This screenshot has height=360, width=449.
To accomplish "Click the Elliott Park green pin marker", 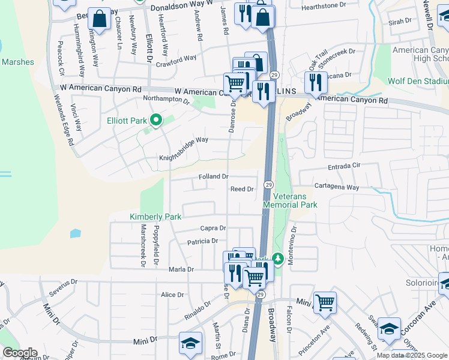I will (x=156, y=121).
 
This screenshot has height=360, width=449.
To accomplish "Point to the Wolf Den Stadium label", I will (x=418, y=80).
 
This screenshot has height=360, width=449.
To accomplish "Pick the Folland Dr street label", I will (x=214, y=176).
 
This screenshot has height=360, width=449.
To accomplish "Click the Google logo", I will (x=19, y=353).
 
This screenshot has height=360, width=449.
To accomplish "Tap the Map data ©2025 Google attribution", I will (x=412, y=355).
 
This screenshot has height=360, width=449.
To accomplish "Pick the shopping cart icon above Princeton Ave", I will (x=325, y=302).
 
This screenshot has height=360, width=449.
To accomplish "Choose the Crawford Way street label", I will (x=176, y=58).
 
